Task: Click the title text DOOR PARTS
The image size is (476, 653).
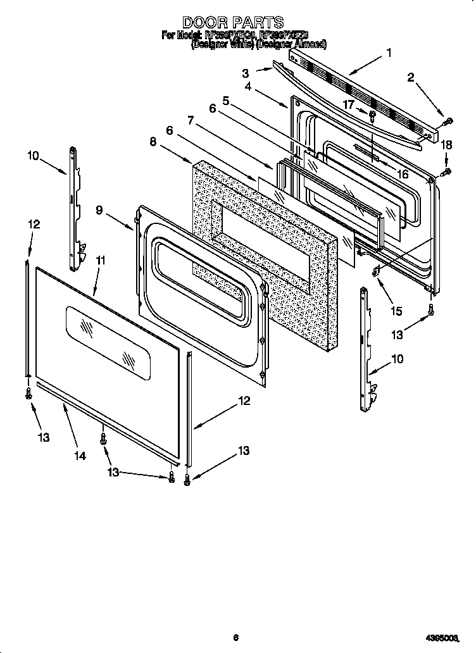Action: click(x=232, y=23)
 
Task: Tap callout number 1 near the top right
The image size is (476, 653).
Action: click(x=389, y=53)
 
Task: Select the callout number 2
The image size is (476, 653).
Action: click(x=410, y=78)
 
